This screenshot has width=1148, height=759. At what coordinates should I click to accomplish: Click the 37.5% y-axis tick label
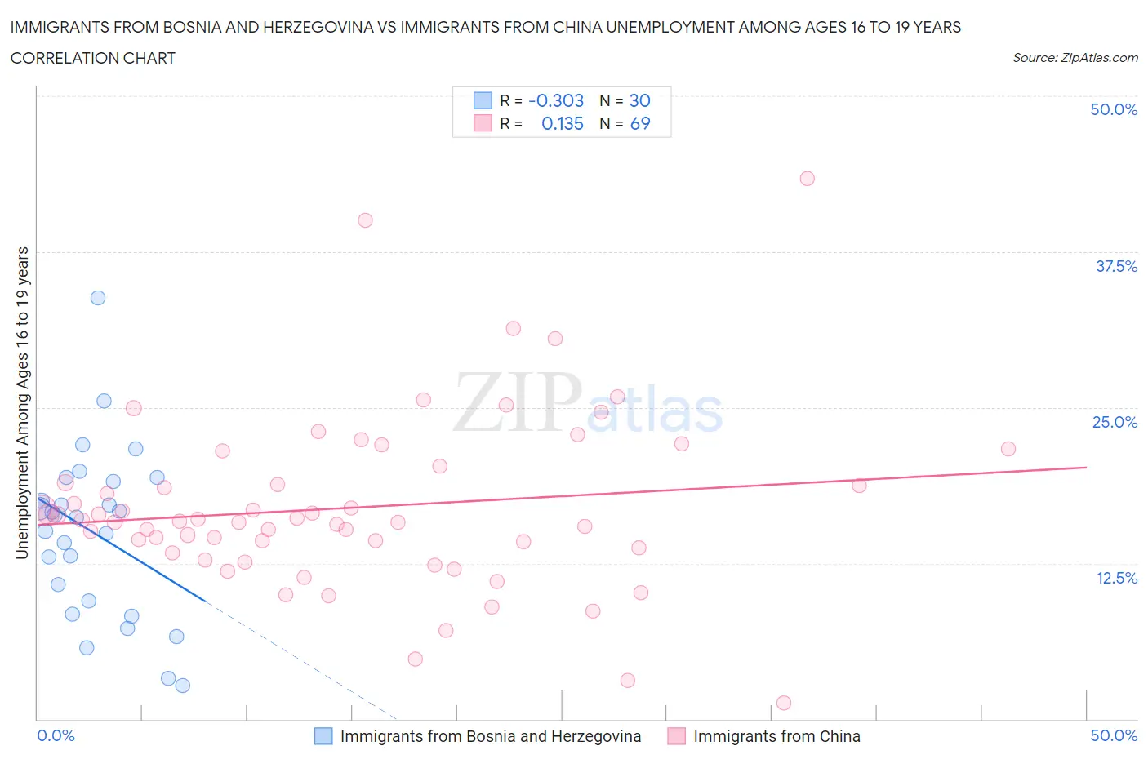(1116, 266)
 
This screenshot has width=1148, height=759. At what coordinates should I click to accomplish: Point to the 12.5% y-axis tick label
(1116, 578)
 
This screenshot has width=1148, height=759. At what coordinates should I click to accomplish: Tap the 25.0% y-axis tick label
(1115, 422)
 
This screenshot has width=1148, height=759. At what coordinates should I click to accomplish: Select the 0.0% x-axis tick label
(56, 735)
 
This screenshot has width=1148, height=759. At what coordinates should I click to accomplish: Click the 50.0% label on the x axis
(1114, 735)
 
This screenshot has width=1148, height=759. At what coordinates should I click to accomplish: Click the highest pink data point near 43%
(807, 179)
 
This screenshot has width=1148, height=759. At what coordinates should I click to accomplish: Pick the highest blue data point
(98, 298)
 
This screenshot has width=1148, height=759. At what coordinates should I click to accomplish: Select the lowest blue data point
(183, 686)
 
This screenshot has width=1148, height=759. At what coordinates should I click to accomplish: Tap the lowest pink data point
(784, 703)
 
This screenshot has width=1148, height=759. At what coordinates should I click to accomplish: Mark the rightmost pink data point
(1008, 449)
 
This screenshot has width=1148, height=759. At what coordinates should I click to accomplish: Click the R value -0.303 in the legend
(556, 100)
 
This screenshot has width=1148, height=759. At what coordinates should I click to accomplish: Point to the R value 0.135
(563, 123)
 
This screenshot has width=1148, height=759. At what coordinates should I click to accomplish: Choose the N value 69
(640, 123)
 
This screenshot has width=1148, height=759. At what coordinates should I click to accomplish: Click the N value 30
(639, 100)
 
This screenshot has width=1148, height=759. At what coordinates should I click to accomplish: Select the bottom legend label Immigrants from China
(776, 736)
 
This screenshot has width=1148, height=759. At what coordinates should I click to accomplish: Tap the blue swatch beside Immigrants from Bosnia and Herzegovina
(323, 736)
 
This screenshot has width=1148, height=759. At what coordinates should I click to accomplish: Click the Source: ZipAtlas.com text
(1075, 57)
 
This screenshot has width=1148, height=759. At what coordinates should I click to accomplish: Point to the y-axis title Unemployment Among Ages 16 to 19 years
(22, 402)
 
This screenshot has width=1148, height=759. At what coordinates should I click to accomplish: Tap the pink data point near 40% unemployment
(365, 220)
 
